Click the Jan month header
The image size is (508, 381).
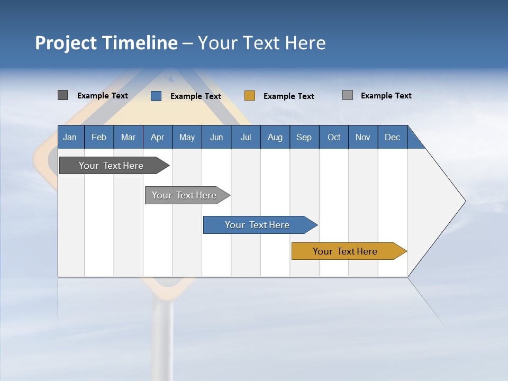click(70, 137)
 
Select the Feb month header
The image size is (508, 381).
click(99, 137)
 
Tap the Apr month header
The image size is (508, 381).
click(157, 137)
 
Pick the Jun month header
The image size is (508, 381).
click(216, 137)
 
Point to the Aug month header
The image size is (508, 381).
click(275, 137)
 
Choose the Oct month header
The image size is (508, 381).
click(334, 137)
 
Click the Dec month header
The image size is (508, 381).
click(392, 137)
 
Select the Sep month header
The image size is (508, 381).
click(304, 137)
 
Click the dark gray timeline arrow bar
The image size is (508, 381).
click(111, 166)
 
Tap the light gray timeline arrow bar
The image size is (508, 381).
click(184, 195)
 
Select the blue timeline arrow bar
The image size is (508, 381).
click(257, 225)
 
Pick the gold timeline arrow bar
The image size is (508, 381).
click(345, 251)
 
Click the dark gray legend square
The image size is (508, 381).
click(62, 95)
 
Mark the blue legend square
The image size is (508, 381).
click(156, 96)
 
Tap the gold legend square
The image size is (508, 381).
click(249, 96)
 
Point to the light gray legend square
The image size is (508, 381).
click(347, 95)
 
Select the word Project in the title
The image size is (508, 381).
click(66, 43)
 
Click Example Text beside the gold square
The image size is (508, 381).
click(288, 96)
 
